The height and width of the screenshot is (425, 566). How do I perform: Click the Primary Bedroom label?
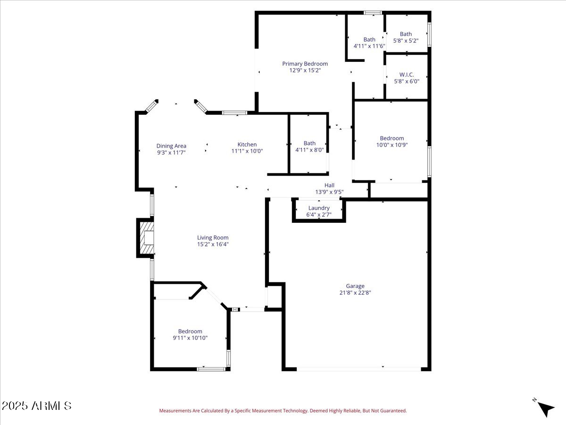click(x=305, y=64)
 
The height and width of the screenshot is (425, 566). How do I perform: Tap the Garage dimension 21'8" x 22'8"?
click(x=355, y=293)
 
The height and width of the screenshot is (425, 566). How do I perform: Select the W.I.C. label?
click(x=406, y=75)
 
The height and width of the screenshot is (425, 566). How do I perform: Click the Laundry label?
click(x=319, y=208)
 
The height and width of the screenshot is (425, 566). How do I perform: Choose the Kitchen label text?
click(x=247, y=144)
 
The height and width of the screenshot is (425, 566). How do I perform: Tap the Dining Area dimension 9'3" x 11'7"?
click(x=171, y=153)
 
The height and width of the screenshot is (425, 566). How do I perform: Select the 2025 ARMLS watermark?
click(x=36, y=406)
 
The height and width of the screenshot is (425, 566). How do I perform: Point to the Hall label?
click(x=329, y=186)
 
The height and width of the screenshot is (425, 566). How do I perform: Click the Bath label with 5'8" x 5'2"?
click(x=406, y=34)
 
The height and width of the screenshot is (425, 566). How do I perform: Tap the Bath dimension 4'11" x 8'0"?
click(x=309, y=150)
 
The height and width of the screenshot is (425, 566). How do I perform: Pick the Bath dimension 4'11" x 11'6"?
click(x=369, y=46)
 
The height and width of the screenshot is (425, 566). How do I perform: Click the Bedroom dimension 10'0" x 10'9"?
click(x=391, y=145)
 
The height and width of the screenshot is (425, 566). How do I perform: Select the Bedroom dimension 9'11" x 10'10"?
click(x=190, y=338)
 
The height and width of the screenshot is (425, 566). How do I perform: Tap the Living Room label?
click(x=213, y=238)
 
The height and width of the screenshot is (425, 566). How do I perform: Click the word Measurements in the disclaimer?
click(x=175, y=411)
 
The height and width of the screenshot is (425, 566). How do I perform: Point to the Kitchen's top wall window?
click(x=234, y=113)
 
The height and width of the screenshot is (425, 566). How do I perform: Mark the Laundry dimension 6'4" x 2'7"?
click(x=319, y=214)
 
